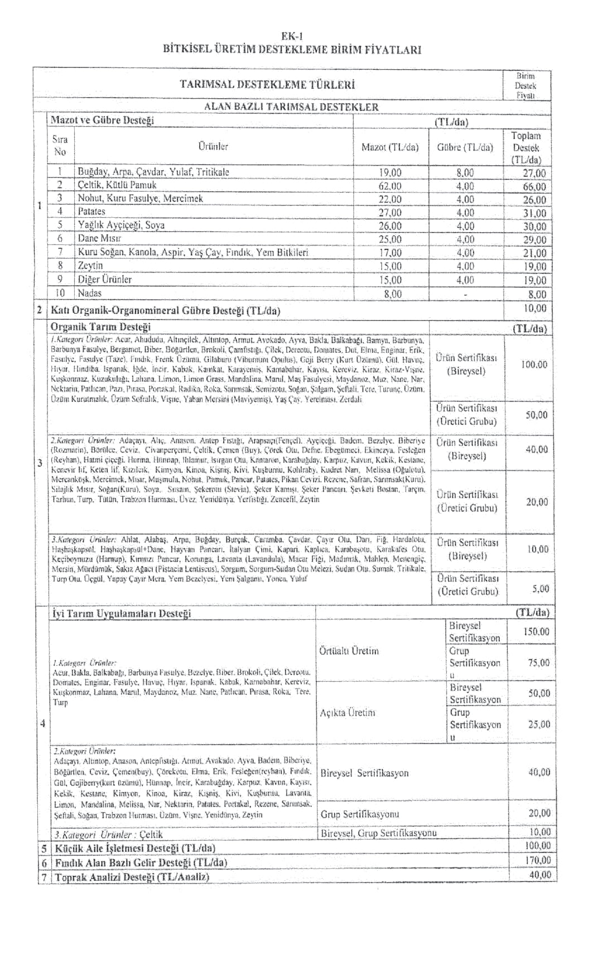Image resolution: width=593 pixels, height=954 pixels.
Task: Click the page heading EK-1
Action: click(x=292, y=36)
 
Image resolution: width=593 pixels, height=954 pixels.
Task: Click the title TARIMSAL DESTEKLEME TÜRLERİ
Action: click(x=267, y=85)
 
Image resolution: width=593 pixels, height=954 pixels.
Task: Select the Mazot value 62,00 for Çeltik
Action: click(x=390, y=186)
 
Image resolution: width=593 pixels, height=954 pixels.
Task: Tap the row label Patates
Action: click(x=91, y=212)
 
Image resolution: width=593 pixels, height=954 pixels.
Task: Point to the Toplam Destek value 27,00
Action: click(x=534, y=173)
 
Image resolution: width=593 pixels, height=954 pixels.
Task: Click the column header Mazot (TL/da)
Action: click(x=390, y=147)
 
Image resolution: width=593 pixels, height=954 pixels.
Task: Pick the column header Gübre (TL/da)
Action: click(x=465, y=147)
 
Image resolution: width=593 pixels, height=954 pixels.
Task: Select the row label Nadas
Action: click(x=90, y=293)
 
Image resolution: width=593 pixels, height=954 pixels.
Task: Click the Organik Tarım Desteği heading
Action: click(x=100, y=327)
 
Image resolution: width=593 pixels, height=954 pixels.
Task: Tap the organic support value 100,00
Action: click(x=534, y=365)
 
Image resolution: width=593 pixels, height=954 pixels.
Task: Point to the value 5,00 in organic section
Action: click(x=540, y=588)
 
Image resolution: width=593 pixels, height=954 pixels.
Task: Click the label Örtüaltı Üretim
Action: click(x=349, y=651)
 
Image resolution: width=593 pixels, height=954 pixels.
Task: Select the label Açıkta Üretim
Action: click(x=348, y=713)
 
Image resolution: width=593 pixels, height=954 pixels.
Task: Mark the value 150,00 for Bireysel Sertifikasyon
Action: click(x=536, y=632)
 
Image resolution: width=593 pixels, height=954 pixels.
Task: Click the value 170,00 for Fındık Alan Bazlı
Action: click(x=537, y=861)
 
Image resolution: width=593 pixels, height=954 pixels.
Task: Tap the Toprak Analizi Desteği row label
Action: click(x=132, y=877)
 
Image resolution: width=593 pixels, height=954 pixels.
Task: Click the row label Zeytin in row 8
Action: click(x=90, y=266)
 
